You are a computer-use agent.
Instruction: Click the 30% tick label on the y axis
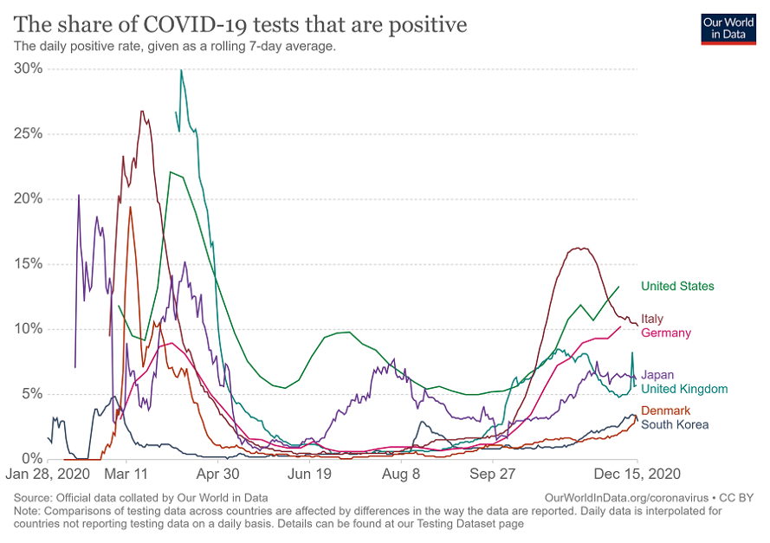[x=29, y=68]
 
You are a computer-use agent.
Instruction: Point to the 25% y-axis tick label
[x=29, y=133]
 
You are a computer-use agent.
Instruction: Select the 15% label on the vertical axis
[x=29, y=263]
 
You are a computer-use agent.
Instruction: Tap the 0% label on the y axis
[x=32, y=458]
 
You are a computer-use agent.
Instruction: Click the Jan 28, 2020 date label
[x=49, y=475]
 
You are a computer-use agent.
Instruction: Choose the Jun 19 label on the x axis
[x=310, y=475]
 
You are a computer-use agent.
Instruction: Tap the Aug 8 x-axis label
[x=402, y=475]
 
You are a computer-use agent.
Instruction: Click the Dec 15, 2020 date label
[x=635, y=475]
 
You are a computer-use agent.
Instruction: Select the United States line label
[x=677, y=286]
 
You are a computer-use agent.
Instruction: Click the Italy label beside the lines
[x=652, y=320]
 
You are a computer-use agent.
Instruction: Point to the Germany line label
[x=665, y=333]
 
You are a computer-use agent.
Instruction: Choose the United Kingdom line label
[x=683, y=390]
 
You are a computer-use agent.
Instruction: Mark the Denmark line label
[x=665, y=410]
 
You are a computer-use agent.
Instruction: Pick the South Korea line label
[x=675, y=424]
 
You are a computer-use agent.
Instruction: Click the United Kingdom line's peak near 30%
[x=181, y=70]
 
